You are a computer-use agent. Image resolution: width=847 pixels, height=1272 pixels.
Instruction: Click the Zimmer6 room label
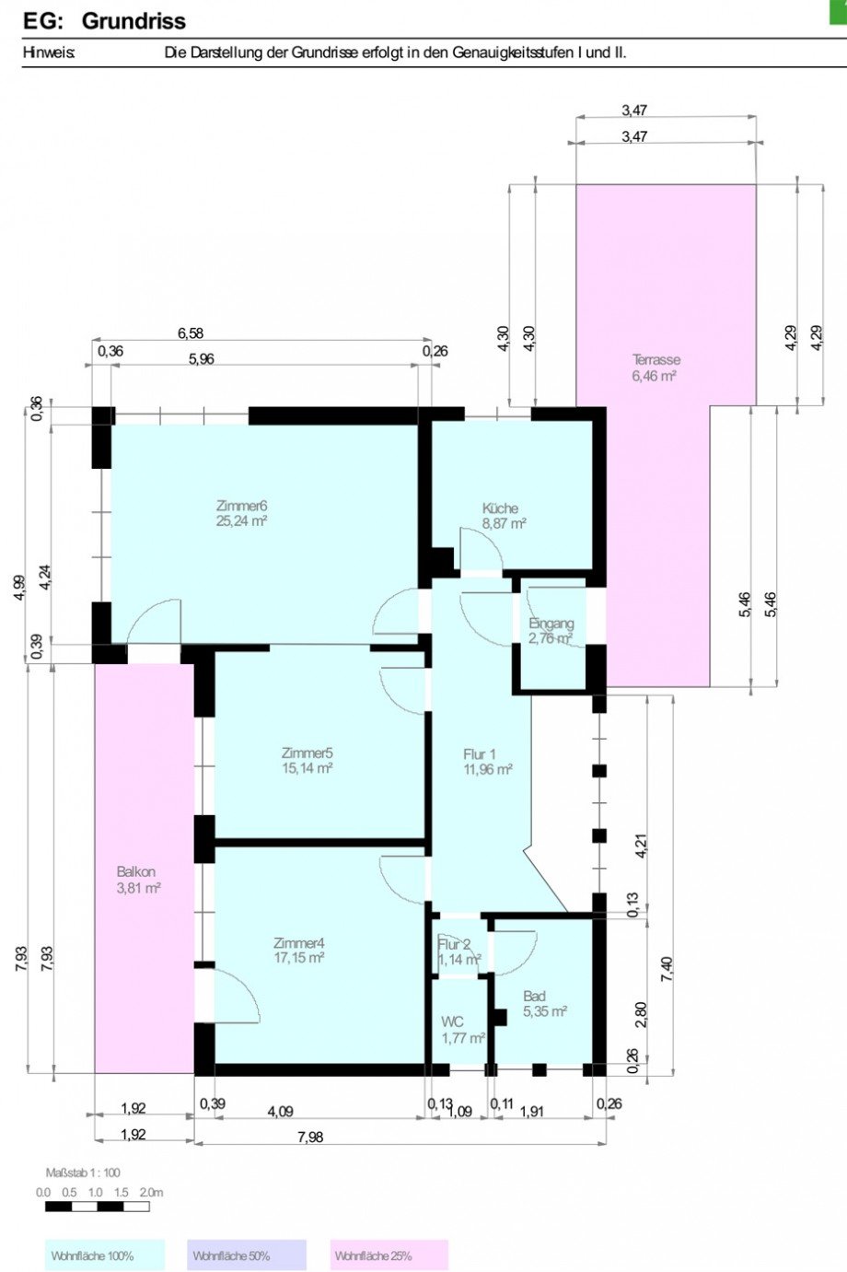click(241, 506)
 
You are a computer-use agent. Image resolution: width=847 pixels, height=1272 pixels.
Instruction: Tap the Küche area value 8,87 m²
click(505, 523)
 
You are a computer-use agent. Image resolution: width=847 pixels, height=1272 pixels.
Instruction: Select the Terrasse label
click(656, 359)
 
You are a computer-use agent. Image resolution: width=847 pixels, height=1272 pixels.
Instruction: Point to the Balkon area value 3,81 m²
click(138, 887)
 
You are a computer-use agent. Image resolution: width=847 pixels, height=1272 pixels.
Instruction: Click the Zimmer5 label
click(307, 753)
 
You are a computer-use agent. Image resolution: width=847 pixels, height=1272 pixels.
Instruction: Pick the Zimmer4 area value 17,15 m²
click(298, 957)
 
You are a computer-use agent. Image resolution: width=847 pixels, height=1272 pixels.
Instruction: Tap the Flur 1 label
click(479, 754)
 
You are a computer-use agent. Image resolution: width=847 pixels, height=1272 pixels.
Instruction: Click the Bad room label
click(534, 996)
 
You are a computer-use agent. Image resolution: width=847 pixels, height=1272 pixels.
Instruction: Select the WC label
click(452, 1022)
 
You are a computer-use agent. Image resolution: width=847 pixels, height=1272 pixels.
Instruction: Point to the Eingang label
click(551, 623)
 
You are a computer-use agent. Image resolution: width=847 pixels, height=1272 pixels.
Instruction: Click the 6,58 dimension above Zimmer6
click(191, 333)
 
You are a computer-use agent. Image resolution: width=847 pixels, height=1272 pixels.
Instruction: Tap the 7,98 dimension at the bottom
click(310, 1137)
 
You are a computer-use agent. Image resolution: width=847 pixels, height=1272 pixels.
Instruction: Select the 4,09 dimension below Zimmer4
click(281, 1111)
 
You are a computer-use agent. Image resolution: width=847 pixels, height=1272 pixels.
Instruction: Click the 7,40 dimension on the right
click(667, 968)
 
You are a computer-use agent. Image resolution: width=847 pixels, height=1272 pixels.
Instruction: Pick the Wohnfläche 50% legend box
click(247, 1255)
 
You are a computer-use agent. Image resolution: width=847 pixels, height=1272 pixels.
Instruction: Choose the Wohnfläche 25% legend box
click(389, 1255)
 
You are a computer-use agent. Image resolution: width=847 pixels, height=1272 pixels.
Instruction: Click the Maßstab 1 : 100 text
click(83, 1173)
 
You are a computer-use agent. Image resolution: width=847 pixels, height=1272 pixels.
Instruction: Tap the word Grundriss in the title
click(133, 21)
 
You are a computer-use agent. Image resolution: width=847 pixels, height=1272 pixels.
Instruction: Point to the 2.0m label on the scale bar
click(151, 1193)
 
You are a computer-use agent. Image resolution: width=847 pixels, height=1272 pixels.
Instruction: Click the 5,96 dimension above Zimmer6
click(202, 359)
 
